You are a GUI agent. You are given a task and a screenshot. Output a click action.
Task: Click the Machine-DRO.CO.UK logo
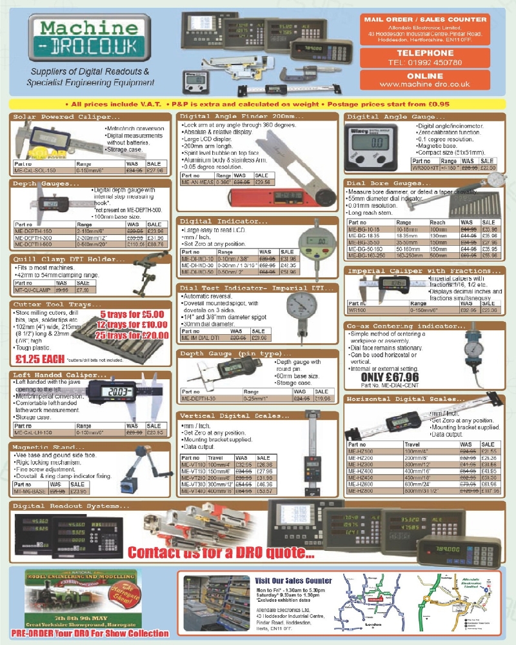(x=90, y=39)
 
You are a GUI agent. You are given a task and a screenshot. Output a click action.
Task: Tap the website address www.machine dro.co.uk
(x=425, y=84)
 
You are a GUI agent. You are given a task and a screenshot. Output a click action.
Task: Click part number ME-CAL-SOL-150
(x=39, y=171)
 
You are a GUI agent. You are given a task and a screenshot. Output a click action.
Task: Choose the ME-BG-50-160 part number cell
(x=366, y=248)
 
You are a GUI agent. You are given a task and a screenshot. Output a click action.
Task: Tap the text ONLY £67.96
(x=391, y=377)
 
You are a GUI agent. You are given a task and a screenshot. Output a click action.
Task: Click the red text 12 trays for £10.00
(x=135, y=324)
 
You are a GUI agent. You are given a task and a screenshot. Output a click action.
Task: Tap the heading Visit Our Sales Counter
(x=293, y=580)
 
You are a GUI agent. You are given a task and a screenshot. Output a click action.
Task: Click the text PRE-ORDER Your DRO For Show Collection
(x=90, y=633)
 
